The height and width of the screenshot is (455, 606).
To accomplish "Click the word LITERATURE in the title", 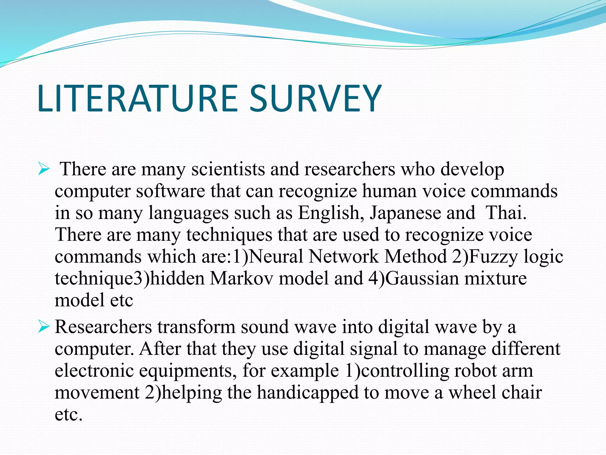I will [137, 98].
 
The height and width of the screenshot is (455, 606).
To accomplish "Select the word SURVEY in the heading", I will [315, 98].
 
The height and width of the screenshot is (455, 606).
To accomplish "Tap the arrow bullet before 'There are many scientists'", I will [43, 170].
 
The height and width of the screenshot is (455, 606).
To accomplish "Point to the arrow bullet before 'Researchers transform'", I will [43, 327].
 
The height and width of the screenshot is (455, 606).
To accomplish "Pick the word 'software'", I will [170, 191].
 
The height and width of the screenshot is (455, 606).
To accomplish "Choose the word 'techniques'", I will [229, 235].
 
